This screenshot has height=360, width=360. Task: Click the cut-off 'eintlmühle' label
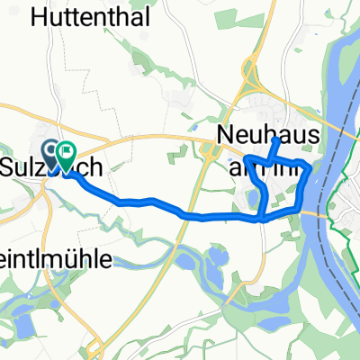tap(56, 260)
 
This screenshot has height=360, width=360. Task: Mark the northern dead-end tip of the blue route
tap(275, 140)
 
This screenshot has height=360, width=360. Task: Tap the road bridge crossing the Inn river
tap(320, 211)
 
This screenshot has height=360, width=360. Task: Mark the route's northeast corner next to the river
tap(310, 166)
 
